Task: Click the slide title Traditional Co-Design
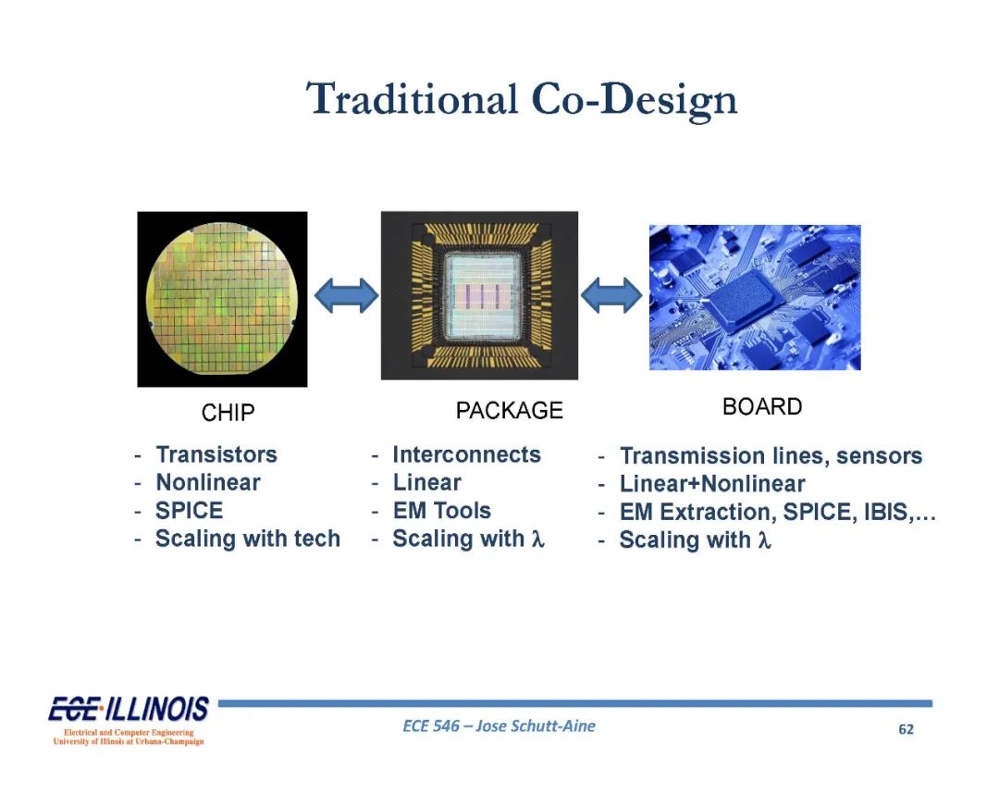(x=521, y=99)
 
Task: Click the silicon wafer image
(x=222, y=299)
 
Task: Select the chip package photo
(x=480, y=296)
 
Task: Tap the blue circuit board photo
(x=755, y=298)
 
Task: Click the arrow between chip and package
(x=347, y=296)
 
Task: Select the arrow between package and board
(x=611, y=296)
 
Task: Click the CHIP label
(x=228, y=413)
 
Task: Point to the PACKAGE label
(x=510, y=410)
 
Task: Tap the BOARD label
(x=762, y=406)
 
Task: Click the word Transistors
(x=216, y=454)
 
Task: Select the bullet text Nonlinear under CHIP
(x=208, y=482)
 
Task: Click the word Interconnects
(x=466, y=454)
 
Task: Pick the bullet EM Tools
(x=442, y=511)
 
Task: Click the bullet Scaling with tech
(x=248, y=540)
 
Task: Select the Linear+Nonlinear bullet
(x=712, y=484)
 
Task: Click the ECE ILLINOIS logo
(x=129, y=719)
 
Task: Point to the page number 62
(x=906, y=729)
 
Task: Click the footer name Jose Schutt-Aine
(x=536, y=726)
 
